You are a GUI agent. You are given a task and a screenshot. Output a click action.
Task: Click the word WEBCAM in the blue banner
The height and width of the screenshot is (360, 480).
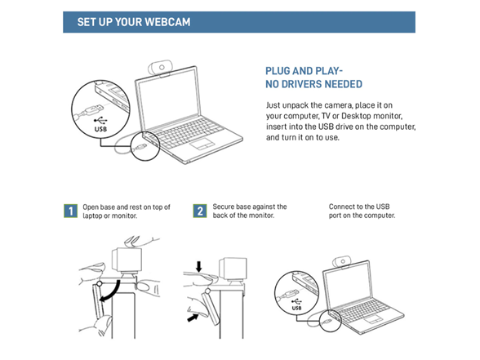point(167,22)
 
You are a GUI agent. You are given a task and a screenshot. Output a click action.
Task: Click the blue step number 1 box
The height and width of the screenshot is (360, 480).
point(71,211)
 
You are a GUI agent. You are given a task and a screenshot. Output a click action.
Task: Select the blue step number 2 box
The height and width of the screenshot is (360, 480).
point(200,211)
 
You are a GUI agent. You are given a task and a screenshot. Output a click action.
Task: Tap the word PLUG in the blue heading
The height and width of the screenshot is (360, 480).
point(278,71)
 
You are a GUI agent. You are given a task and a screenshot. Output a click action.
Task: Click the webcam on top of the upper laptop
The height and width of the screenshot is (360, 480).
point(160,68)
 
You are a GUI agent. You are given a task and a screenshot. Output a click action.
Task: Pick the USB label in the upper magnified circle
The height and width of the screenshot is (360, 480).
point(100,129)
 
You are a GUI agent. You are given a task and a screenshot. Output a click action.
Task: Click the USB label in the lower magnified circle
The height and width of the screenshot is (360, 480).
point(296,308)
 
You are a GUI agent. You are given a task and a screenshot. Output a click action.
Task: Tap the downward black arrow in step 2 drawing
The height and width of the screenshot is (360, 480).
point(199,266)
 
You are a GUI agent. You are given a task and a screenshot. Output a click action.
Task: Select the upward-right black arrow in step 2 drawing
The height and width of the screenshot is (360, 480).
point(193,318)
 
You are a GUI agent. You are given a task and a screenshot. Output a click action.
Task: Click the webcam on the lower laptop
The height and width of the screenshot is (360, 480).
point(341,262)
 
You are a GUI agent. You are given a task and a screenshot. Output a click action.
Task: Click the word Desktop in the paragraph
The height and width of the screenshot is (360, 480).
point(356,116)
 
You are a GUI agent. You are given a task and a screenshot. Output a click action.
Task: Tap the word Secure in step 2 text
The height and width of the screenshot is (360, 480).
point(223,207)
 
